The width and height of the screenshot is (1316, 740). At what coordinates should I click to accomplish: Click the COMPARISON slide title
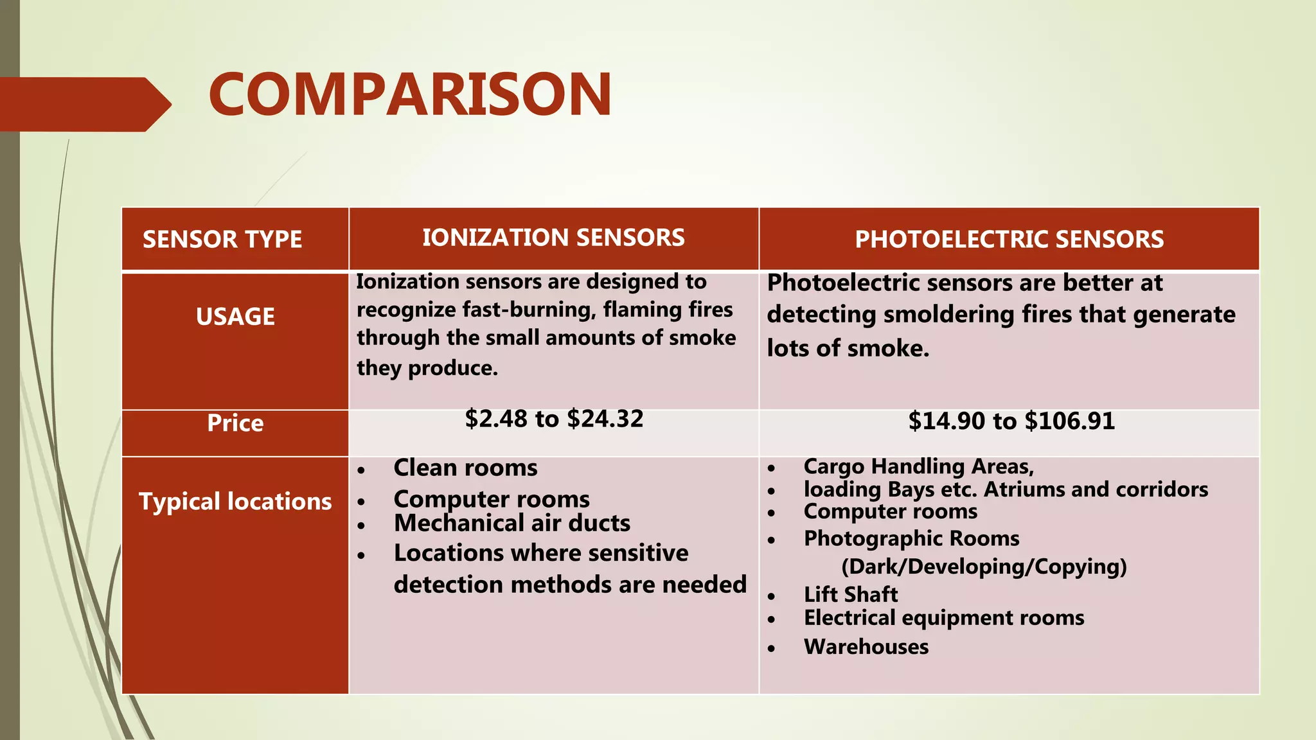[x=410, y=95]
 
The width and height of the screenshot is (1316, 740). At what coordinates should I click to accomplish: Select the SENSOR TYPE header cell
[x=222, y=240]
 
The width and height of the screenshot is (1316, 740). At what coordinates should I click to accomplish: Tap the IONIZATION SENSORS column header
[x=553, y=238]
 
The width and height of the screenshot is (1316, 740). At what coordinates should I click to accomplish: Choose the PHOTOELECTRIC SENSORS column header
[x=1009, y=240]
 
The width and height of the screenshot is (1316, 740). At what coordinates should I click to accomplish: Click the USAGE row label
[x=235, y=317]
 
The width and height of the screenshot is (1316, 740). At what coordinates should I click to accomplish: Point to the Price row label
[x=235, y=423]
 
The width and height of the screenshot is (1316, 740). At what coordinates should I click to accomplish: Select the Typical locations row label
[x=235, y=502]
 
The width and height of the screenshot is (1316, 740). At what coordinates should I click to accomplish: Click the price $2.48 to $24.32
[x=554, y=419]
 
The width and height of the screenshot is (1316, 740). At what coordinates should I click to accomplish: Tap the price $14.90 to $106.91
[x=1011, y=421]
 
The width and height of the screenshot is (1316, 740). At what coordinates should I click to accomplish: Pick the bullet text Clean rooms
[x=465, y=468]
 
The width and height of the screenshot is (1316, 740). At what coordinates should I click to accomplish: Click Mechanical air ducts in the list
[x=511, y=524]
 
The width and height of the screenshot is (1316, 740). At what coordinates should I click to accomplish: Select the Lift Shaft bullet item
[x=851, y=595]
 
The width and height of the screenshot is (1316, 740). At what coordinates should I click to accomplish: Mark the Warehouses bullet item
[x=866, y=647]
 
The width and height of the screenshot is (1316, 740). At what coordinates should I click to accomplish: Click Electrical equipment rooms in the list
[x=944, y=618]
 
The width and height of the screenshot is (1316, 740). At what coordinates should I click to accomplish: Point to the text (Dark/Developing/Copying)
[x=984, y=567]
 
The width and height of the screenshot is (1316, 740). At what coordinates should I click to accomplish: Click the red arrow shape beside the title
[x=84, y=105]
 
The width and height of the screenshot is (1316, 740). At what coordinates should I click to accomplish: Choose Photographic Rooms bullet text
[x=911, y=538]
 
